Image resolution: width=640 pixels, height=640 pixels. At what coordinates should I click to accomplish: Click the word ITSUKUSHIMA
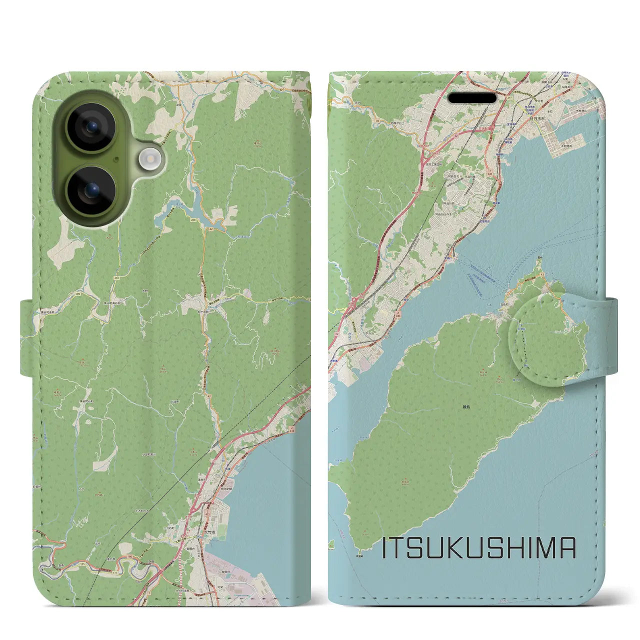pyautogui.click(x=478, y=548)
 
